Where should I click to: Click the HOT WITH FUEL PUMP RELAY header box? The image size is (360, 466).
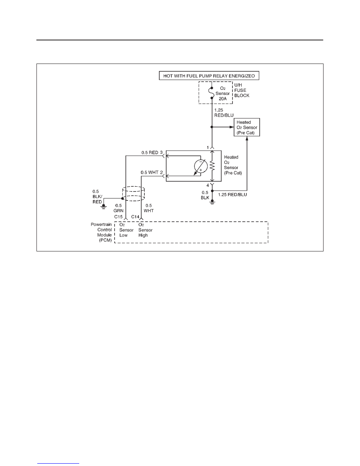point(209,76)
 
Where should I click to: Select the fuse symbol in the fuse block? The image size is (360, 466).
point(212,93)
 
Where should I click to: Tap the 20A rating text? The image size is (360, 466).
point(223,99)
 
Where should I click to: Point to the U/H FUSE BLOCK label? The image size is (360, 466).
point(242,90)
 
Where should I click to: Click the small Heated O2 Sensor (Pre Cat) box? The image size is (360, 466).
point(247,127)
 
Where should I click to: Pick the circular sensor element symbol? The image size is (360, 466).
point(200,166)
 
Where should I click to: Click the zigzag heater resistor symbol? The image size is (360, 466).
point(212,166)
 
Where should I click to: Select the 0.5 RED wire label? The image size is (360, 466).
point(150,153)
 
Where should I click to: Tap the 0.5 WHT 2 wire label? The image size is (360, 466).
point(152,172)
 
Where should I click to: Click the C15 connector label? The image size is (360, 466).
point(118,217)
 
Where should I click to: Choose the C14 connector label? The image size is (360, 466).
point(135,217)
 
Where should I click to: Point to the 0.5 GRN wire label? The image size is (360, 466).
point(118,208)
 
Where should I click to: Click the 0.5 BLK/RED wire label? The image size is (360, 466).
point(97,197)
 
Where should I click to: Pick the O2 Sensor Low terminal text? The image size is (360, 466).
point(126,230)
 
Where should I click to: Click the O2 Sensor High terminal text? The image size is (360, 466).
point(145,230)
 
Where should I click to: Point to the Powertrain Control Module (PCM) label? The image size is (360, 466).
point(101,232)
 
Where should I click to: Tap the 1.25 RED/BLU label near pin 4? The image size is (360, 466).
point(233,195)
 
